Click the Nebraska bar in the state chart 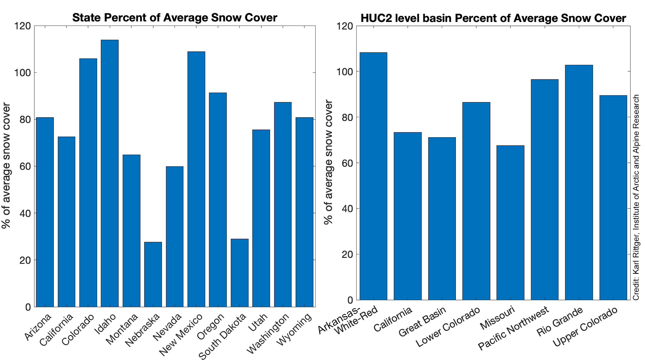[153, 274]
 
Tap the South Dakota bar [240, 273]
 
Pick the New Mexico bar [196, 179]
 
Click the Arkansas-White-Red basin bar [373, 176]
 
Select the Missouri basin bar [510, 223]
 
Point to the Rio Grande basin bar [579, 182]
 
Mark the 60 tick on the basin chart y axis [347, 163]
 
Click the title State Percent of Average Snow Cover [175, 17]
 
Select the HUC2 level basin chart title [493, 18]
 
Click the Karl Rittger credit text [636, 197]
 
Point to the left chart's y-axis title [6, 165]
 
